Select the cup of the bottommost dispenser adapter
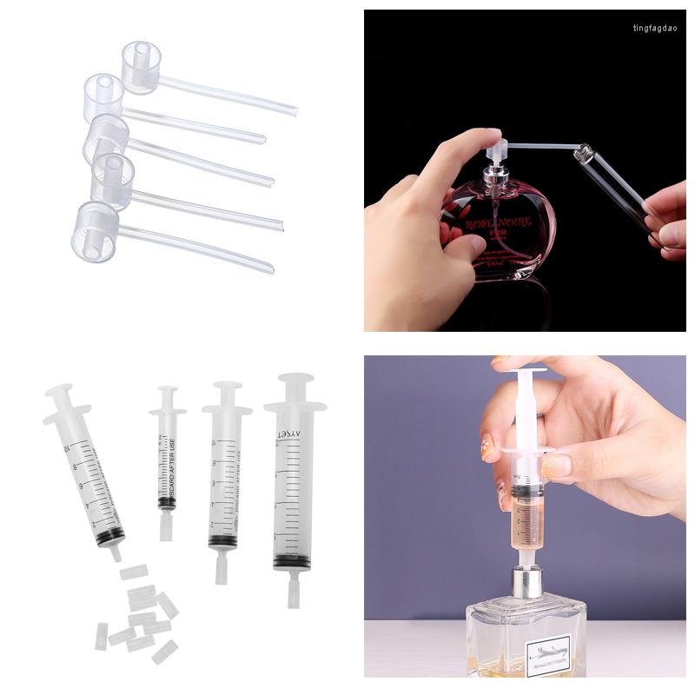tap(94, 231)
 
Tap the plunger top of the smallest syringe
tap(168, 389)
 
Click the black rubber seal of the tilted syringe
tap(109, 537)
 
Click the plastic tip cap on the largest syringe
tap(293, 592)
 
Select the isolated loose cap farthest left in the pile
tap(101, 637)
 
